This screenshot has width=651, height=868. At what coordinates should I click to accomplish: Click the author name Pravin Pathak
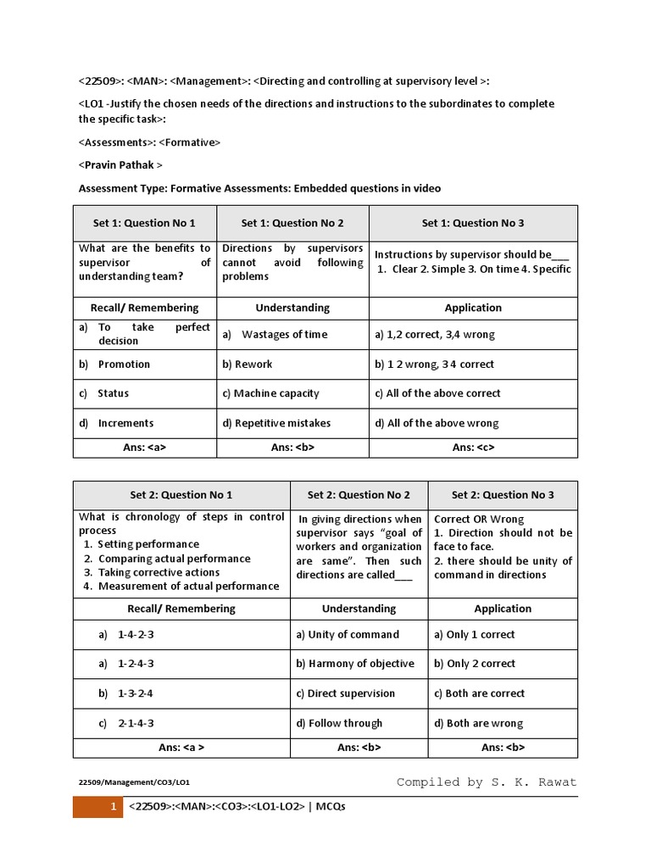pos(120,165)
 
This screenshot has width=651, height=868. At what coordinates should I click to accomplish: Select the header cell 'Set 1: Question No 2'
pos(292,223)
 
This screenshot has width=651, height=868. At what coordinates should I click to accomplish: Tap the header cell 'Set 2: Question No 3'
pos(503,495)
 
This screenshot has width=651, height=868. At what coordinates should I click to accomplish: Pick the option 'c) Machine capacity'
pos(270,393)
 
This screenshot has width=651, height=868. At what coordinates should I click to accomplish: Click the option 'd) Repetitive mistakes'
pos(276,423)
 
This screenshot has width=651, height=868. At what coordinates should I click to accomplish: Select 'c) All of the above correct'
pos(437,393)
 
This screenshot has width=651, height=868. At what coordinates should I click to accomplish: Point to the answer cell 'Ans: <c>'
pos(473,447)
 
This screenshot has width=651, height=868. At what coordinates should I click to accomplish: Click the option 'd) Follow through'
pos(339,723)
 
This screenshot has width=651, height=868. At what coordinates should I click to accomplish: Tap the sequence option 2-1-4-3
pos(136,723)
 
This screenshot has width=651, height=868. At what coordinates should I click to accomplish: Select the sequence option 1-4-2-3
pos(136,634)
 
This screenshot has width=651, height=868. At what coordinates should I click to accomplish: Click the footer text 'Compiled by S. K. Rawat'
pos(487,782)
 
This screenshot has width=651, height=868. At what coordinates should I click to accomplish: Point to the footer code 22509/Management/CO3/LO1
pos(140,783)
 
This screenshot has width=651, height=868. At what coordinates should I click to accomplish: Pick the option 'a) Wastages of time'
pos(275,334)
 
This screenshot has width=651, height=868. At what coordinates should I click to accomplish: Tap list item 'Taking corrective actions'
pos(159,572)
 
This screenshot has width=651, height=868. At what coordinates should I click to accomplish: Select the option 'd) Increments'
pos(125,423)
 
